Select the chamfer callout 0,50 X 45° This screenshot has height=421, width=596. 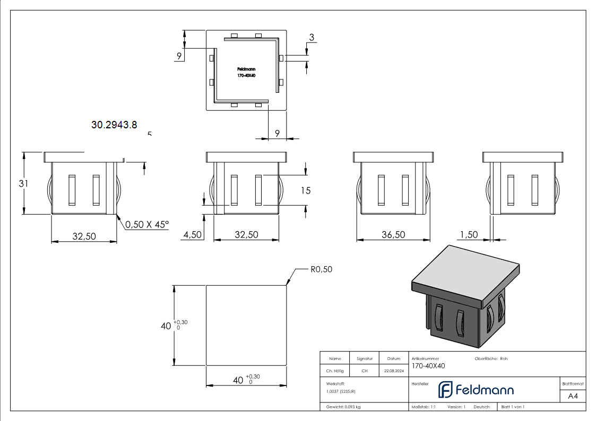147,224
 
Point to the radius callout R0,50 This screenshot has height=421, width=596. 321,269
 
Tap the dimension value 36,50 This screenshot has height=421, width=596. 393,234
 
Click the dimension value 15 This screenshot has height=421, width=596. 305,190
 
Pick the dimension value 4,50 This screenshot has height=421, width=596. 192,234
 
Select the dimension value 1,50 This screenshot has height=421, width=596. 469,234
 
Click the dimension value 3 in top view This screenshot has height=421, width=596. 312,37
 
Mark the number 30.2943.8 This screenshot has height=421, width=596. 114,125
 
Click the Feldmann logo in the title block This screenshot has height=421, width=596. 476,390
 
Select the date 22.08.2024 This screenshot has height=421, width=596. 394,371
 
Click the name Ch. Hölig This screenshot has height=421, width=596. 335,371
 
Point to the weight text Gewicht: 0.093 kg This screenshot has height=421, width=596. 343,407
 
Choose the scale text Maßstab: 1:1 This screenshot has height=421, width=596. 424,407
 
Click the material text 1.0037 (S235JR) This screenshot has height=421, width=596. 341,391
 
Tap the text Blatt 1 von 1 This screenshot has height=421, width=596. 513,407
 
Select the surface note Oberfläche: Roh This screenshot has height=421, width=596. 491,359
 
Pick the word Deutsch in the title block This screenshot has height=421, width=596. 481,407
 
